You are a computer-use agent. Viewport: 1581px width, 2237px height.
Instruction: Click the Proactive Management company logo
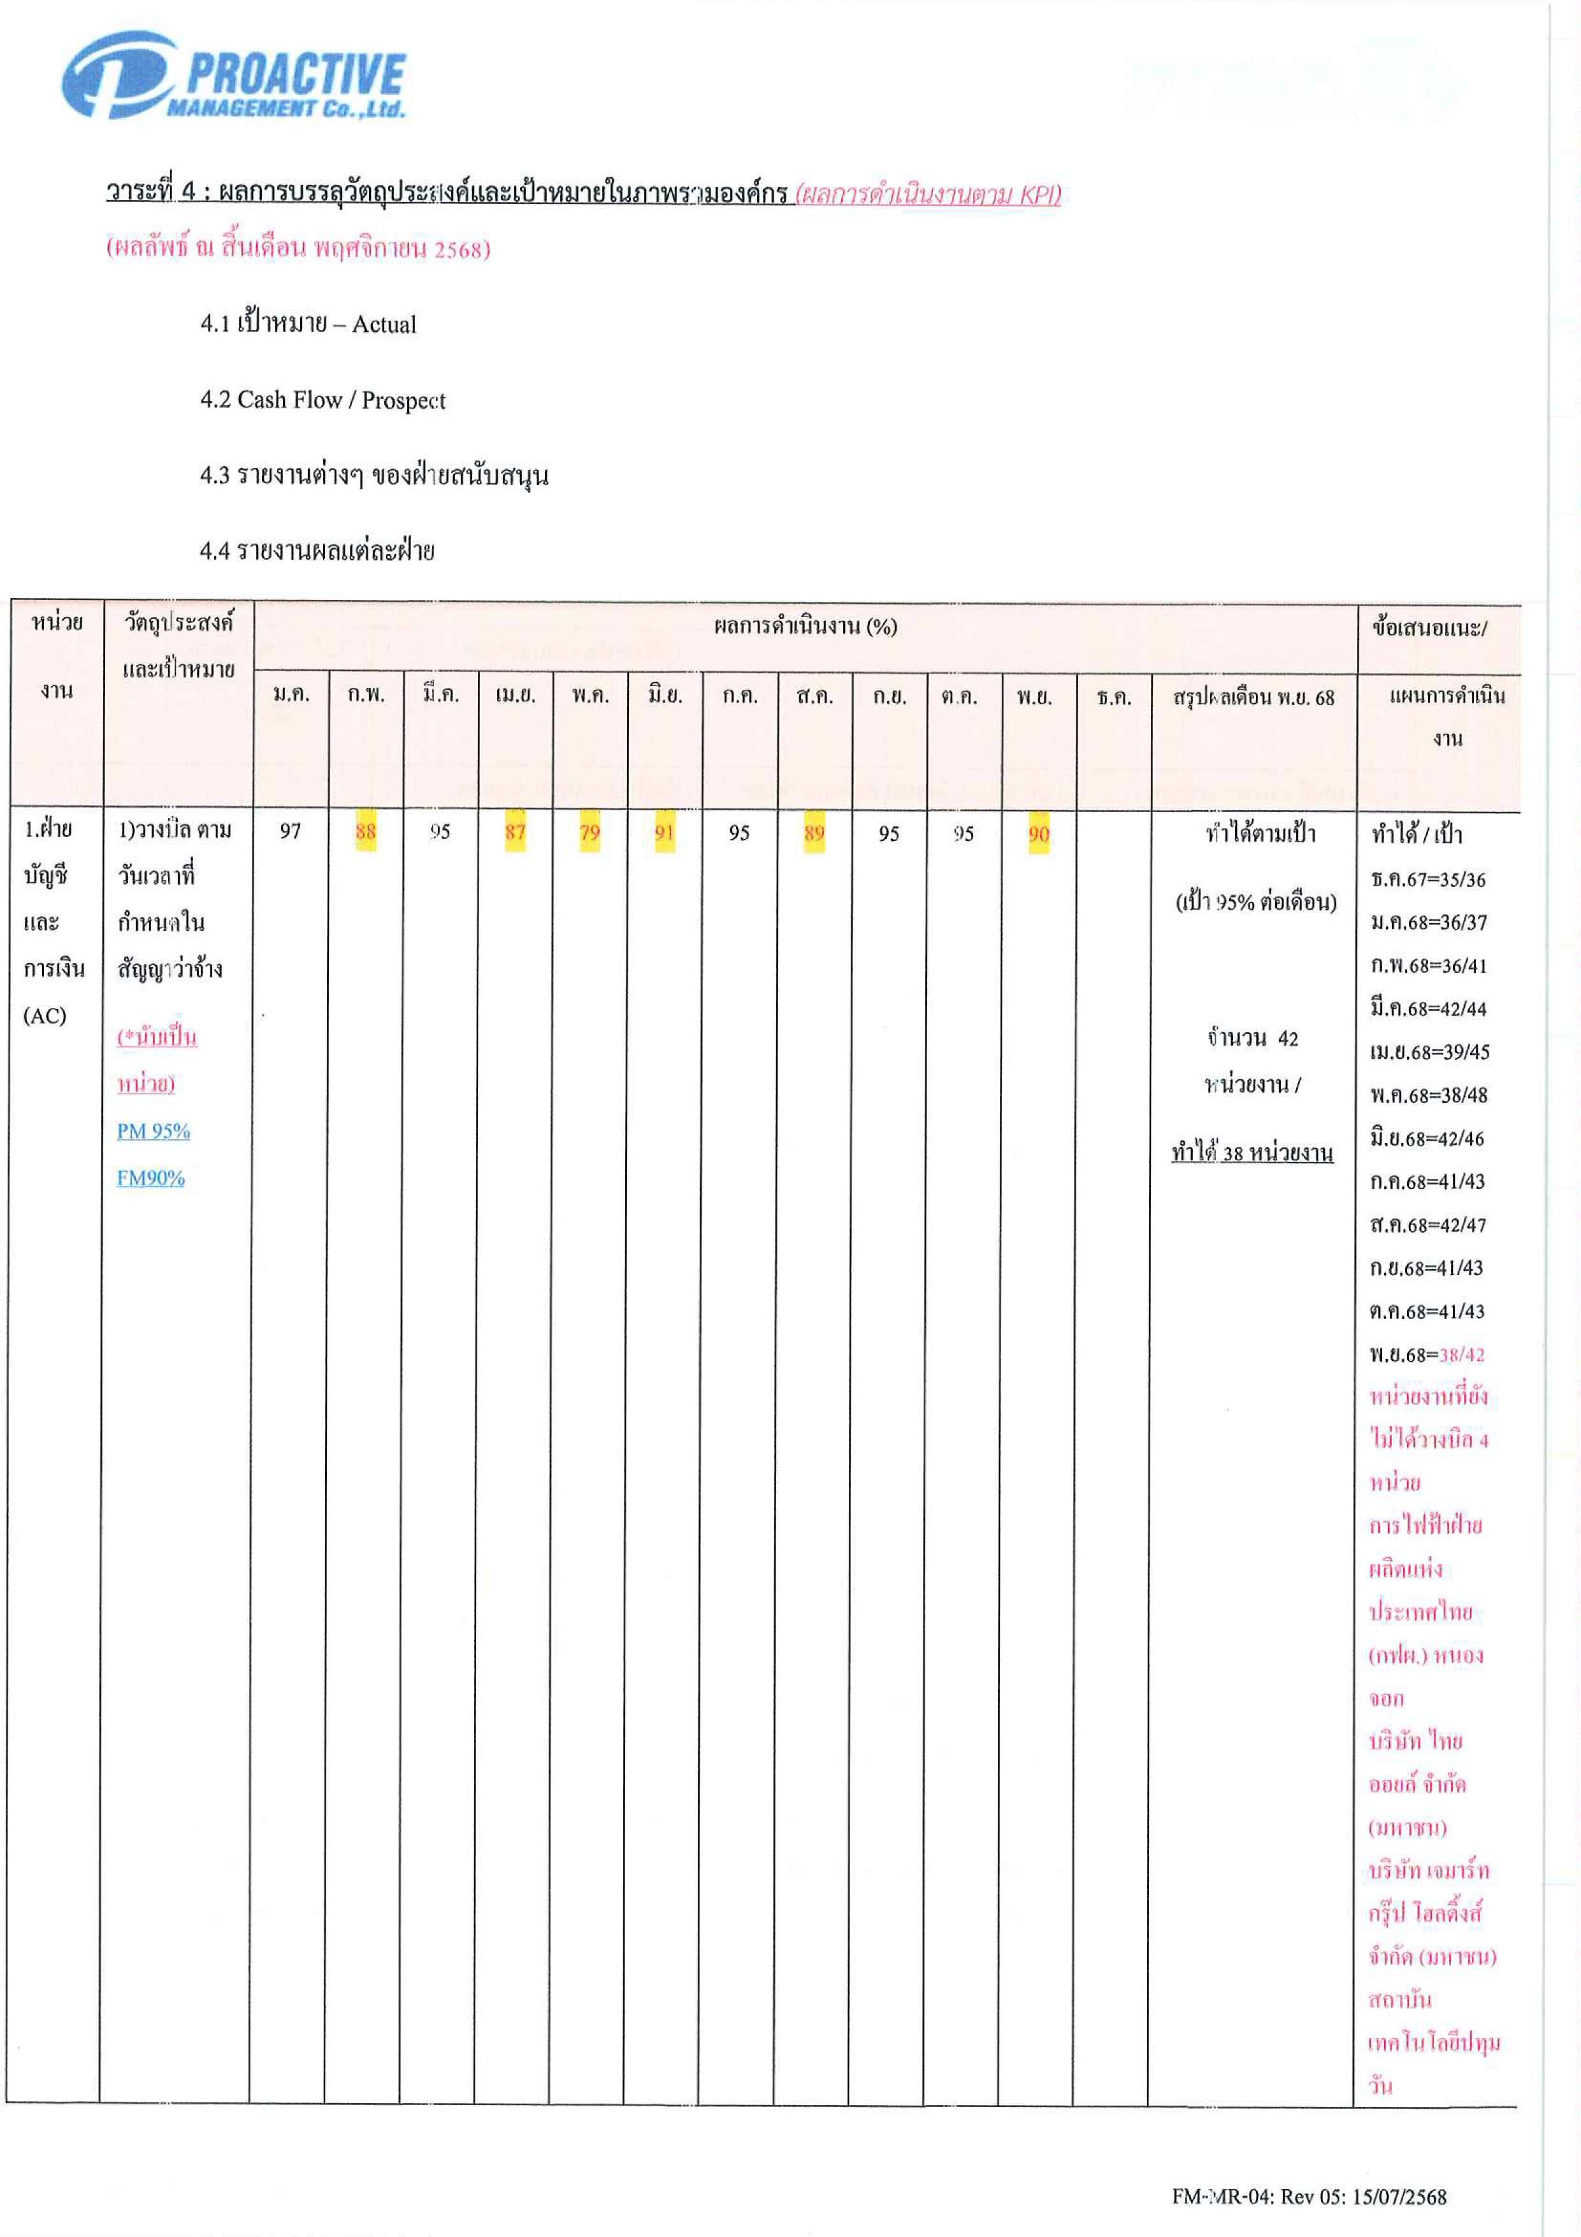pyautogui.click(x=234, y=76)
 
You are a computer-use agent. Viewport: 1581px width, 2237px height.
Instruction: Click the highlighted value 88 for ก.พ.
pyautogui.click(x=365, y=831)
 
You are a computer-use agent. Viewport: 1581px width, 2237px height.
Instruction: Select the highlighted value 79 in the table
pyautogui.click(x=589, y=832)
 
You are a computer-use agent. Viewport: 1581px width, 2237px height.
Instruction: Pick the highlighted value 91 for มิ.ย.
pyautogui.click(x=665, y=832)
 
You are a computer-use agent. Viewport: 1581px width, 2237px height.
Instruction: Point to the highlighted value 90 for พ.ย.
pyautogui.click(x=1039, y=834)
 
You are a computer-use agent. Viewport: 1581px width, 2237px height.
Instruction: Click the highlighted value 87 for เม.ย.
pyautogui.click(x=514, y=831)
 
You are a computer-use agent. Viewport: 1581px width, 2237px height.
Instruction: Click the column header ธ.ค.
pyautogui.click(x=1113, y=697)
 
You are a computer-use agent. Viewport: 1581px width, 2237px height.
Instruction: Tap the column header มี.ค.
pyautogui.click(x=440, y=695)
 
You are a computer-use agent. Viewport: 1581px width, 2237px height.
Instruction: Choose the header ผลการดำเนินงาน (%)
pyautogui.click(x=805, y=627)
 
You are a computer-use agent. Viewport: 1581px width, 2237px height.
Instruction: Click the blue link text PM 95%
pyautogui.click(x=153, y=1131)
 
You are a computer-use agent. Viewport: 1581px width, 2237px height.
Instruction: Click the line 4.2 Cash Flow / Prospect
pyautogui.click(x=322, y=400)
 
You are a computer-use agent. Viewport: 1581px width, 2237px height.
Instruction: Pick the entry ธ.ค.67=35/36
pyautogui.click(x=1428, y=880)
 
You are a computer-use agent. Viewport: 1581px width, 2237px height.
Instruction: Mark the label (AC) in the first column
pyautogui.click(x=45, y=1015)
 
